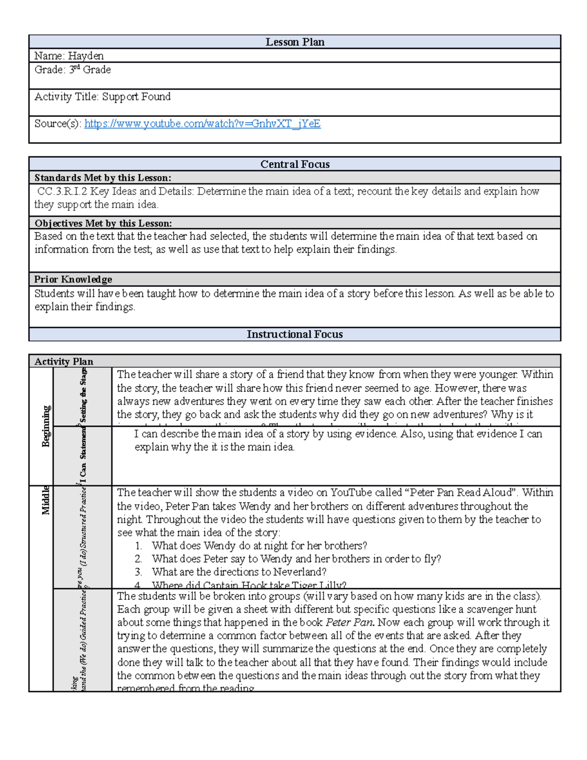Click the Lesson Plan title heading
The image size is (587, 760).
click(294, 42)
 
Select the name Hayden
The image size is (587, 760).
click(86, 56)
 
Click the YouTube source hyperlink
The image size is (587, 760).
click(202, 124)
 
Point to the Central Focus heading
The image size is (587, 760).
click(294, 164)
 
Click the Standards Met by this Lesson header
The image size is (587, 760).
click(103, 178)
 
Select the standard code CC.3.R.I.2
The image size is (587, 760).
click(62, 191)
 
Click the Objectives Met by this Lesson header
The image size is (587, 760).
click(103, 223)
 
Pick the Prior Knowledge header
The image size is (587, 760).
click(73, 279)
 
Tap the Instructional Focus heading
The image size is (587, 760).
click(294, 334)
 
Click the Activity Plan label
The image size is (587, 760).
click(64, 362)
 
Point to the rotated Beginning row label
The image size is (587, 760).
click(46, 426)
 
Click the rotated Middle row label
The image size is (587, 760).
click(45, 500)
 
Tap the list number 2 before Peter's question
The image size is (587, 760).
click(138, 559)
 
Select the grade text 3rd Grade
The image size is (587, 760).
click(90, 69)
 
